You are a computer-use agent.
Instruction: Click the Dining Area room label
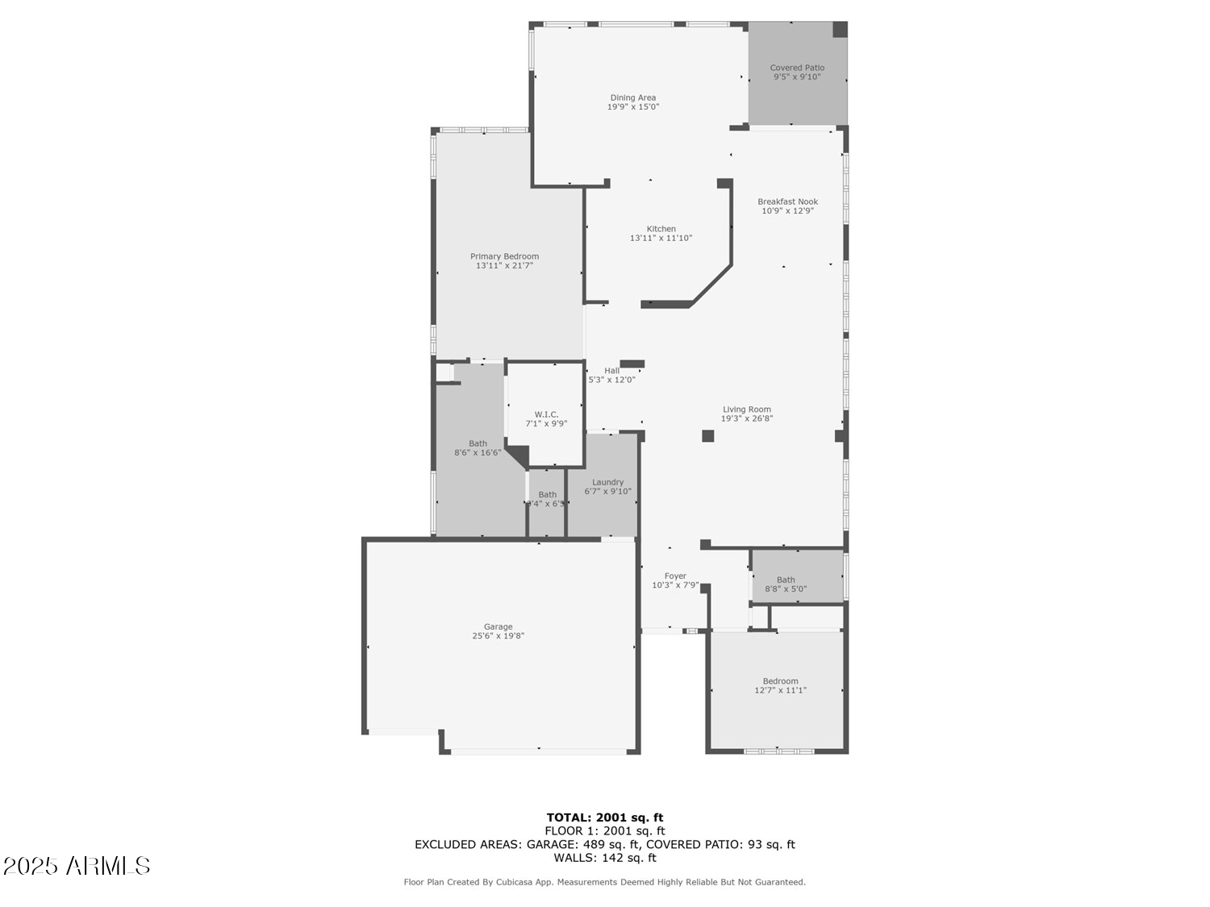(x=633, y=98)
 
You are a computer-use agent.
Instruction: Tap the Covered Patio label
(x=797, y=68)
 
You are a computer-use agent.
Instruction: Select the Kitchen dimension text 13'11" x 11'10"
(x=661, y=238)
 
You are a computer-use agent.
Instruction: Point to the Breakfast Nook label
(x=787, y=202)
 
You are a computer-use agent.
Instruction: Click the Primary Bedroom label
(x=504, y=256)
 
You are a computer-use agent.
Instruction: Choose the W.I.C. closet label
(x=546, y=414)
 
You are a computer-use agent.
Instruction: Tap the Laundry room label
(x=607, y=482)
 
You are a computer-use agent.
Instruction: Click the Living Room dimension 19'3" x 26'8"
(x=746, y=418)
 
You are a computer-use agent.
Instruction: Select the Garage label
(x=498, y=626)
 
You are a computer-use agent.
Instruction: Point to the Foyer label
(x=675, y=576)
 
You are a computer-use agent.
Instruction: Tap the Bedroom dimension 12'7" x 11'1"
(x=780, y=690)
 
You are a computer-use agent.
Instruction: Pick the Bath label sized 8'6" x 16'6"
(x=478, y=443)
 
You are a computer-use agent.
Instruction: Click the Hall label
(x=612, y=371)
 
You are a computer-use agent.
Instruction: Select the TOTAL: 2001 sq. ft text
(x=604, y=818)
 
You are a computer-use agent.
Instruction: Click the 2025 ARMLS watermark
(x=77, y=866)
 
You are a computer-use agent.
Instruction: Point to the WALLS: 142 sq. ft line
(x=604, y=858)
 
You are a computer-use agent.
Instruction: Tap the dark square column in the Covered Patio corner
(x=840, y=30)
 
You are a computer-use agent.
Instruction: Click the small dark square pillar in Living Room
(x=707, y=436)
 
